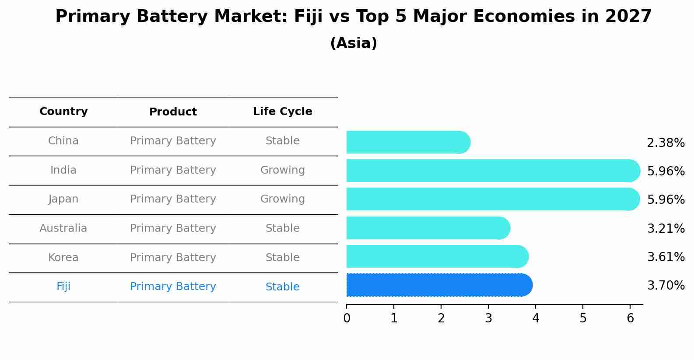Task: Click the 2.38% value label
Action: [665, 143]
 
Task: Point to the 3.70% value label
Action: [665, 286]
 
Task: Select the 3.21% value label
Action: [665, 228]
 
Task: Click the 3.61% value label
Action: [665, 257]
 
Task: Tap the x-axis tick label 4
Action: [536, 318]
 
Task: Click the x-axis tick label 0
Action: [347, 318]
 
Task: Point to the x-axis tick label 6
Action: [630, 318]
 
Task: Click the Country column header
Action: [63, 112]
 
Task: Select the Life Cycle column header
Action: [282, 112]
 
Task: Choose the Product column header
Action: [173, 112]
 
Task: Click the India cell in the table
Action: [63, 170]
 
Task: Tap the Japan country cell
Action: [63, 199]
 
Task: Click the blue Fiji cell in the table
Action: [63, 287]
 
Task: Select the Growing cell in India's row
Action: [282, 170]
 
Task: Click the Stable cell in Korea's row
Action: [282, 258]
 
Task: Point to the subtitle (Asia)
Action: [354, 43]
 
